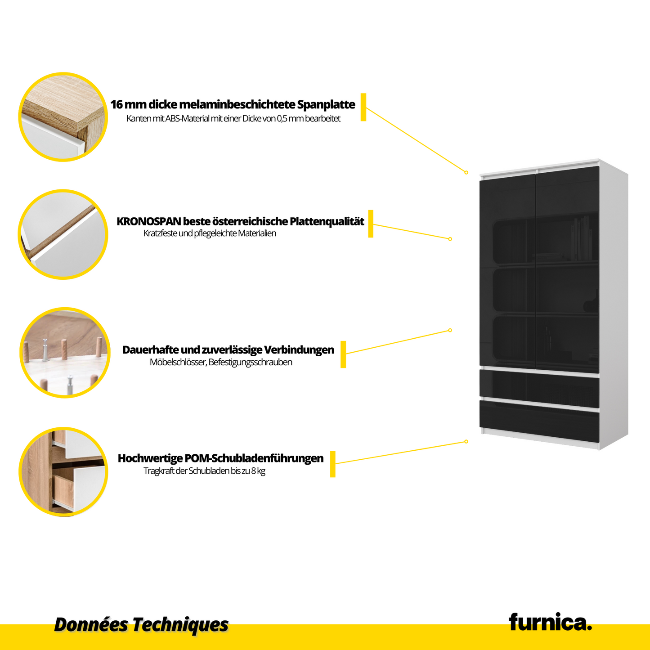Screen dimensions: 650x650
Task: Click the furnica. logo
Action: tap(550, 622)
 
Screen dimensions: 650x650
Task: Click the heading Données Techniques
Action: tap(141, 624)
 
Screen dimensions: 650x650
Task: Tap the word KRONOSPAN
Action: tap(149, 221)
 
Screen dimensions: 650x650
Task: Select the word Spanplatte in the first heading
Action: tap(326, 104)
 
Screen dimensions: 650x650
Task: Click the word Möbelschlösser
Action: tap(178, 362)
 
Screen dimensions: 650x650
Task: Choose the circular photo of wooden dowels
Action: tap(65, 353)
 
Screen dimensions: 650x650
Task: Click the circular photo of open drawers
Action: tap(63, 471)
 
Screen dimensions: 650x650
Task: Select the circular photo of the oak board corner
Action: tap(63, 117)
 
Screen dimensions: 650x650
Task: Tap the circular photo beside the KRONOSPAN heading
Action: tap(63, 234)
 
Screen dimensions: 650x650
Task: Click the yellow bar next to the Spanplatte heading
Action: tap(363, 107)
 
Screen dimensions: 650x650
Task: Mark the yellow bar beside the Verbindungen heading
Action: tap(343, 354)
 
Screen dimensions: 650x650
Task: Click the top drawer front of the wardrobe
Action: tap(539, 388)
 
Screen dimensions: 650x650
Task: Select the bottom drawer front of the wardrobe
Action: tap(539, 421)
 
